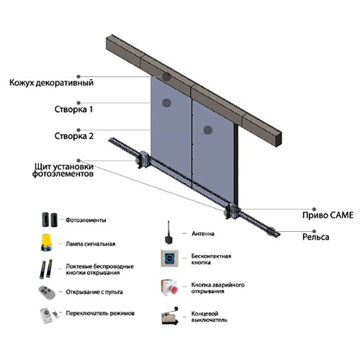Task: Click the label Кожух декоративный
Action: click(x=51, y=83)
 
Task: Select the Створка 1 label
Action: click(x=73, y=109)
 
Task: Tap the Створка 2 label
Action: click(x=74, y=136)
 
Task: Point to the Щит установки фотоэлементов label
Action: click(x=63, y=170)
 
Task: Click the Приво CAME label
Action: click(x=328, y=215)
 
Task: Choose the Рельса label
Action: click(x=315, y=237)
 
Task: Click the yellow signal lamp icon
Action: click(x=46, y=243)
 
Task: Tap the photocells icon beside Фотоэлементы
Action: click(x=50, y=220)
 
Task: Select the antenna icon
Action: click(x=169, y=233)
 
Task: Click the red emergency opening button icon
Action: click(x=170, y=287)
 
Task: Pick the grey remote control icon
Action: click(x=47, y=292)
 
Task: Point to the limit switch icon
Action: click(x=170, y=316)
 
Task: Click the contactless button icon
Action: click(x=170, y=258)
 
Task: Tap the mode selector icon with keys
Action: click(x=49, y=315)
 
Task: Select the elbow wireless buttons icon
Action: click(x=46, y=269)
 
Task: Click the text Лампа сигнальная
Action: click(x=91, y=244)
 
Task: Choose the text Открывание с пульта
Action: click(x=94, y=292)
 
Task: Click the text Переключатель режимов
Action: click(x=100, y=313)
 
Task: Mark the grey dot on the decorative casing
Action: click(x=166, y=77)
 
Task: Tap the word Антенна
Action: click(x=203, y=233)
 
